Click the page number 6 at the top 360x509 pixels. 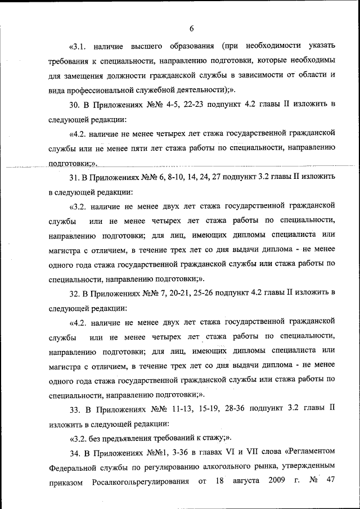point(191,29)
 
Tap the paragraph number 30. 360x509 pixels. point(74,105)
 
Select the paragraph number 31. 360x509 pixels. point(74,177)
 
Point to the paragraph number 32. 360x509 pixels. point(74,293)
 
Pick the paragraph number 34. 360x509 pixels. point(74,453)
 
